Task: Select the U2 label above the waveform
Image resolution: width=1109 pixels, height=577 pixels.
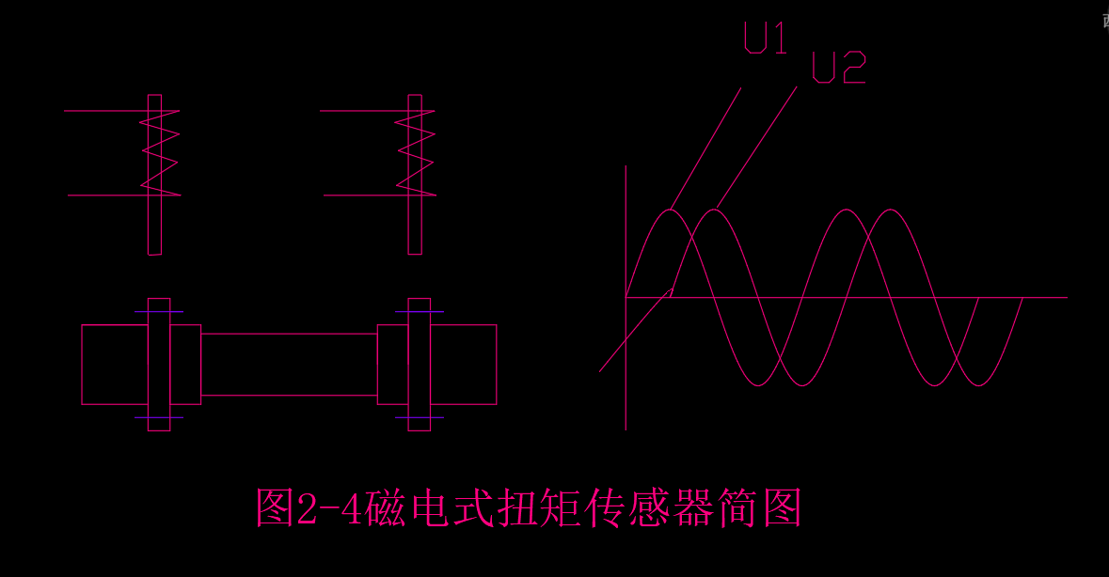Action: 838,68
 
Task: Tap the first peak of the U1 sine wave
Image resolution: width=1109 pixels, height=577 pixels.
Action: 671,210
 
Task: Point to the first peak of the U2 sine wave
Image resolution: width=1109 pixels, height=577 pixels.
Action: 716,210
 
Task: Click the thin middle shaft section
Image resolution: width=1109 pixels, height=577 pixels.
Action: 289,365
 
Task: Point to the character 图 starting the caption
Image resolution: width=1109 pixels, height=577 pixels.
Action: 274,507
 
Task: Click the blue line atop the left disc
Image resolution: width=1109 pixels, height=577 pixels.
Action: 159,311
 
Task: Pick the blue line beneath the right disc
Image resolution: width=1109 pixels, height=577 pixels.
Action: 419,417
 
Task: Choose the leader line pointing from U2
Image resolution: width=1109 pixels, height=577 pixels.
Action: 758,146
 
